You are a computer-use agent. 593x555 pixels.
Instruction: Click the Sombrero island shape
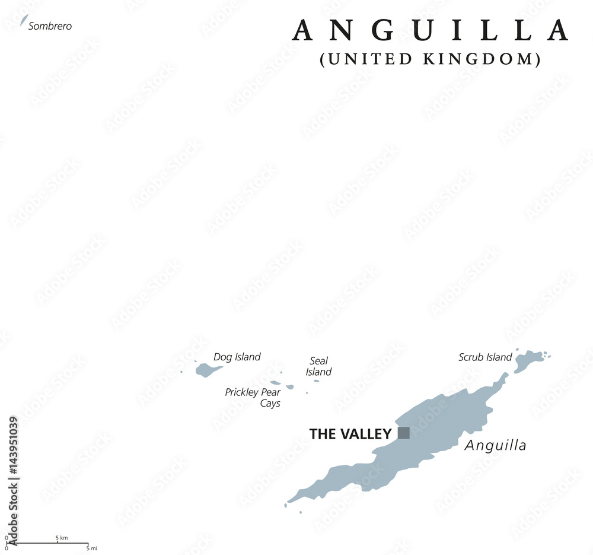point(24,21)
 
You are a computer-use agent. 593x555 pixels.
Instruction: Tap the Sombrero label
point(50,26)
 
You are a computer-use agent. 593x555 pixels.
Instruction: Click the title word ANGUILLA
point(430,31)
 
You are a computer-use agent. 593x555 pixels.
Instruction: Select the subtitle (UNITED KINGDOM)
point(430,59)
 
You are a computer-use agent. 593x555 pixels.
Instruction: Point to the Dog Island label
point(237,357)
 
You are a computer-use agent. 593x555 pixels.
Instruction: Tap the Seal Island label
point(318,366)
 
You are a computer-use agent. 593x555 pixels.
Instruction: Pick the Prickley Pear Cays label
point(253,398)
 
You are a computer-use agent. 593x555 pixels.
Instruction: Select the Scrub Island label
point(484,357)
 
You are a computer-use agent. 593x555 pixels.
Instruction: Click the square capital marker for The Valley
point(403,433)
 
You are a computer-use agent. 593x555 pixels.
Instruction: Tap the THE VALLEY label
point(350,434)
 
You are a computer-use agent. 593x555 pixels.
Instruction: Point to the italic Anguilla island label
point(495,445)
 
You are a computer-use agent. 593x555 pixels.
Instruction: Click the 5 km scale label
point(62,538)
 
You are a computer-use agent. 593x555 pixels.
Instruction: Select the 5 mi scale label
point(91,548)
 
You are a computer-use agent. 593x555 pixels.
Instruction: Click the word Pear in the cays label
point(270,392)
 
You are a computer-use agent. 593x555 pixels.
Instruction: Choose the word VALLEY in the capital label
point(368,434)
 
